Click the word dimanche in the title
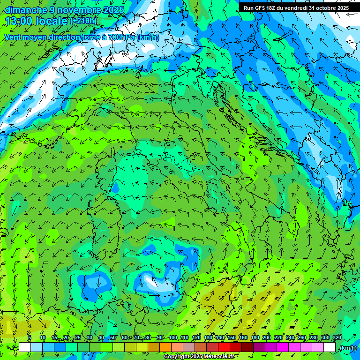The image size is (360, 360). tap(26, 9)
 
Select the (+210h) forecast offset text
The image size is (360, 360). tap(83, 21)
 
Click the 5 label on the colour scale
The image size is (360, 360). tap(30, 338)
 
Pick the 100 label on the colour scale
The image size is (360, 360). tap(173, 338)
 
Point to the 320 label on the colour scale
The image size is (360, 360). tap(337, 338)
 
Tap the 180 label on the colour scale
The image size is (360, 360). tap(255, 338)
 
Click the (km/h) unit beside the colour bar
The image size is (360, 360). tap(347, 348)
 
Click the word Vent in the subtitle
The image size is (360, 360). tap(14, 37)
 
